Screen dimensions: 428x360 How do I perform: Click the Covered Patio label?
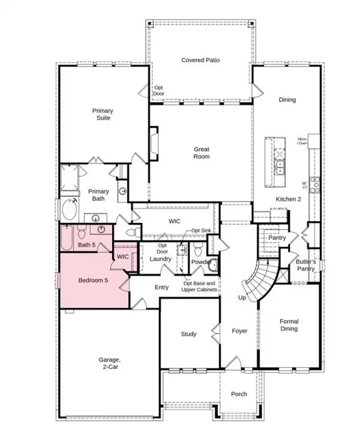199,61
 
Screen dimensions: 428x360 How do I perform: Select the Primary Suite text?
103,114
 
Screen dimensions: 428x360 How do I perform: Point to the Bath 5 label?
87,245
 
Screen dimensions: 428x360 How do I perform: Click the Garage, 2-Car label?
110,363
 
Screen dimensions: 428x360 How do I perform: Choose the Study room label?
190,334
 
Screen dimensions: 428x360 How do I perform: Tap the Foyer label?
239,330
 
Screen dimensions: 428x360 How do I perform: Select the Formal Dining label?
289,325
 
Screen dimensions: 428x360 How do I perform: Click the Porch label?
239,394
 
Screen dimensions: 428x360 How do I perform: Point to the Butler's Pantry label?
305,266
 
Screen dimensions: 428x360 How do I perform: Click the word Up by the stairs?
242,297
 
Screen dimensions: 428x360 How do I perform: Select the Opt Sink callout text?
202,231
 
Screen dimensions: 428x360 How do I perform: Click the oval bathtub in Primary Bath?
68,211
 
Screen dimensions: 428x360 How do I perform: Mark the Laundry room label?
161,259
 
